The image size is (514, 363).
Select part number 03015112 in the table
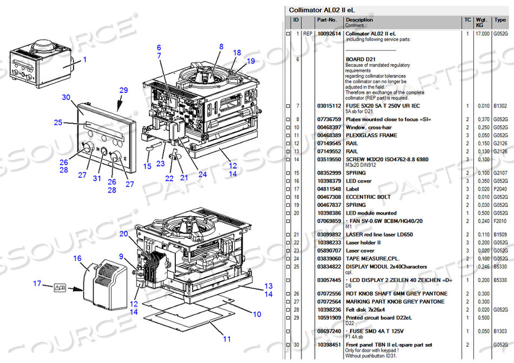tap(328, 106)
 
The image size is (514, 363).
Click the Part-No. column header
tap(327, 20)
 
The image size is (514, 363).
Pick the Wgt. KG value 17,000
tap(483, 33)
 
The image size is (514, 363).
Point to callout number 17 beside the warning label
tap(37, 283)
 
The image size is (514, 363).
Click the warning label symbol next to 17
tap(59, 288)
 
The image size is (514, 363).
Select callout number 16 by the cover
tap(77, 259)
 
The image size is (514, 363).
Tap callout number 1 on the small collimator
tap(84, 59)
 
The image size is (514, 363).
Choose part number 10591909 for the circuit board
tap(328, 317)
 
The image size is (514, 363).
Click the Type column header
tap(499, 20)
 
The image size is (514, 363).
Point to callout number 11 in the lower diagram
tap(227, 339)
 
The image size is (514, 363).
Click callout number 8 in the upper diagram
tap(221, 46)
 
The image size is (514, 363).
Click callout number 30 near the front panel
tap(67, 97)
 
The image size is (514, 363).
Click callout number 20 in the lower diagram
tap(123, 233)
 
